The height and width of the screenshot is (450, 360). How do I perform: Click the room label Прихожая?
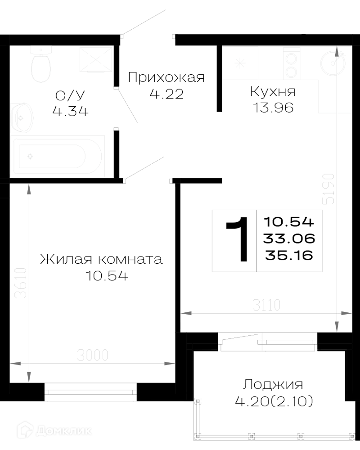[166, 77]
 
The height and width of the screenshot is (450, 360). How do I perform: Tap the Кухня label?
[273, 92]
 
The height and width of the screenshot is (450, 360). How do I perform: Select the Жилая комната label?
[101, 260]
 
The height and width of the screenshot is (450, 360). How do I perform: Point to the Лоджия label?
[273, 385]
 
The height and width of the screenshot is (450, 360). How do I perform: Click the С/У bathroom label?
[70, 95]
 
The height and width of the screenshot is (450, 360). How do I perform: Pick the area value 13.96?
[273, 108]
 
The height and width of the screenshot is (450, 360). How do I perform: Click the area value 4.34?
[70, 111]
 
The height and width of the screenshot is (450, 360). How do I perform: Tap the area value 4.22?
[166, 94]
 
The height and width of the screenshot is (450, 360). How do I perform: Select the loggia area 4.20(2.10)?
[274, 401]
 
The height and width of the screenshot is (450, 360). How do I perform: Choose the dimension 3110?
[266, 305]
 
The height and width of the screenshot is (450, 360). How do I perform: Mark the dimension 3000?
[92, 355]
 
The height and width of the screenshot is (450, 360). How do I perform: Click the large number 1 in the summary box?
[238, 240]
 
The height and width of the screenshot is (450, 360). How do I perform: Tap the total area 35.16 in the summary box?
[289, 255]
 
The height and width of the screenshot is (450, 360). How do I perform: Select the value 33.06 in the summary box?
[289, 238]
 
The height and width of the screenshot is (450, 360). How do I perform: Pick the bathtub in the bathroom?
[58, 156]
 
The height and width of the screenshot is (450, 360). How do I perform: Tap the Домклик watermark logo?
[54, 431]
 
